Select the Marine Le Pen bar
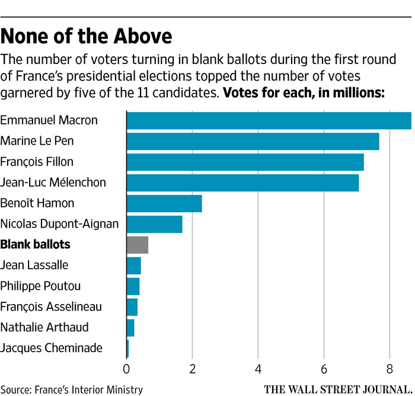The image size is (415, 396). pos(253,141)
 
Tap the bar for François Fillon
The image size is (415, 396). pos(245,162)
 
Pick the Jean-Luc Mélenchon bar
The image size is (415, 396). pos(242,183)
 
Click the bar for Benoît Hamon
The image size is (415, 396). pos(164,203)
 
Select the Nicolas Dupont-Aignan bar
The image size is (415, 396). pos(154,224)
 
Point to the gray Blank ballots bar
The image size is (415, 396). pos(138,244)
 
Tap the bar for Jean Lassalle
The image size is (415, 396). pos(134,265)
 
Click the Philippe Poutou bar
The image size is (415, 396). pos(133,286)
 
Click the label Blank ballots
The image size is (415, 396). pos(36,244)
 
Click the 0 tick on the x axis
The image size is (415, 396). pos(127,368)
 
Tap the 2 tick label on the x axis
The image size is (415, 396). pos(193,368)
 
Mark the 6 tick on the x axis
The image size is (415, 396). pos(324,368)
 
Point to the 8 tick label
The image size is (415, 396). pos(390,368)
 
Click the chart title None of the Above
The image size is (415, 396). pos(87,36)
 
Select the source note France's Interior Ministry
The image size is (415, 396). pos(72,389)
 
